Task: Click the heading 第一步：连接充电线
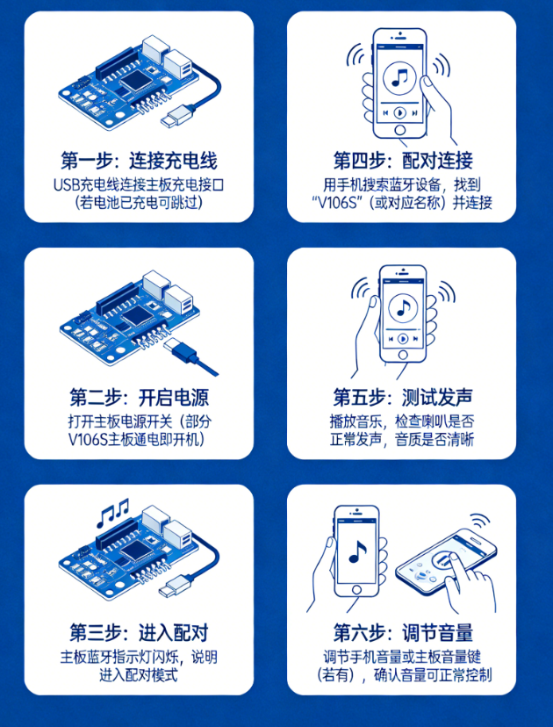pyautogui.click(x=139, y=161)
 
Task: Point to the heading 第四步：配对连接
pyautogui.click(x=403, y=161)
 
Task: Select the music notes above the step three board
pyautogui.click(x=113, y=510)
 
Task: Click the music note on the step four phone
pyautogui.click(x=401, y=76)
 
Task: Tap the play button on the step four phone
pyautogui.click(x=400, y=113)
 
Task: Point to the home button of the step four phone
pyautogui.click(x=401, y=131)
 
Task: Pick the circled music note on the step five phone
pyautogui.click(x=404, y=307)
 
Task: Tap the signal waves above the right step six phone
pyautogui.click(x=478, y=525)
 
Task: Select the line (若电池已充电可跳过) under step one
pyautogui.click(x=139, y=202)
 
